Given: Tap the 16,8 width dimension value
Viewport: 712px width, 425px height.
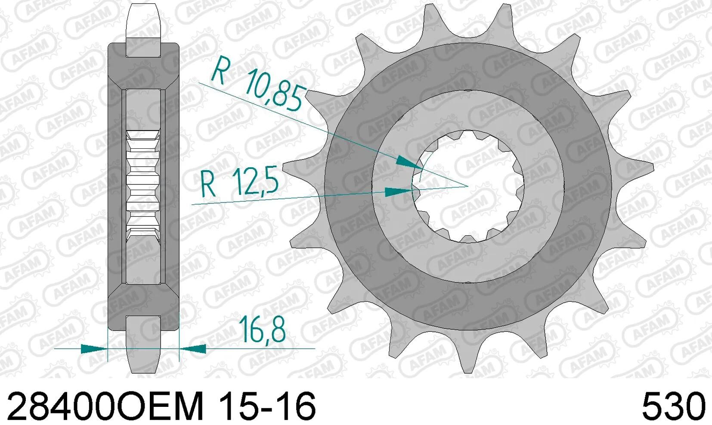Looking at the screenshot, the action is click(x=263, y=329).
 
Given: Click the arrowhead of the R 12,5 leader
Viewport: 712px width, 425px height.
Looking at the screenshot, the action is click(x=399, y=192).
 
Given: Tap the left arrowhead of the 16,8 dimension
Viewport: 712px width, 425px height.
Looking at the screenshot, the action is click(x=94, y=349).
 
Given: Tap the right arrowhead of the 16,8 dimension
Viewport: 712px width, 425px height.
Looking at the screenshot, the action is click(x=193, y=349).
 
